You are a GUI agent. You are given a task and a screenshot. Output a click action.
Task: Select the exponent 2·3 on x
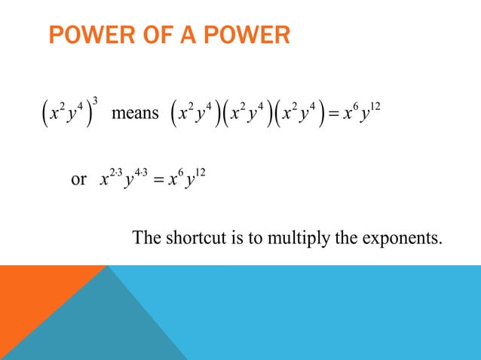[115, 172]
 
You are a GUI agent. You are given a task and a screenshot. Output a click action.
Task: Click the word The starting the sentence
[147, 239]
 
